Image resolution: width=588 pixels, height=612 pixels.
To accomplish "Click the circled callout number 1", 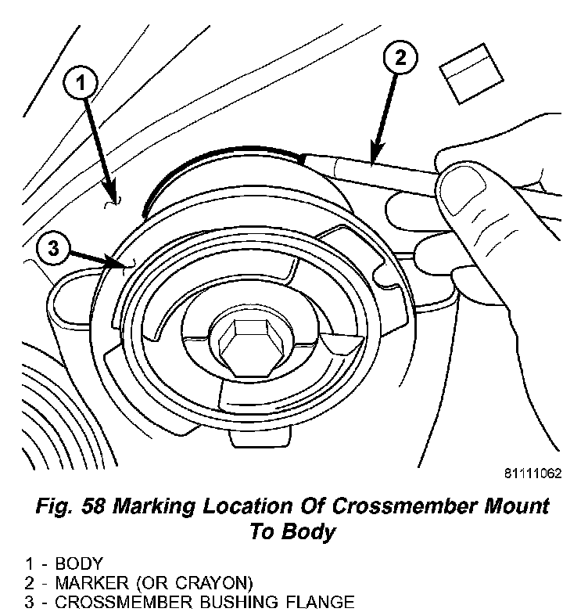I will (85, 81).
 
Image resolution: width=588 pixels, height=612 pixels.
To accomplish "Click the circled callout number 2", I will (400, 57).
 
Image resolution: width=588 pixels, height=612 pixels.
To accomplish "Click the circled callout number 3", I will (52, 250).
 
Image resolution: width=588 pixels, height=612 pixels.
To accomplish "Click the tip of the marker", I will (303, 156).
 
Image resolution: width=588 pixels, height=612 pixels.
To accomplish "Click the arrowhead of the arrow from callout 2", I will (375, 160).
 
